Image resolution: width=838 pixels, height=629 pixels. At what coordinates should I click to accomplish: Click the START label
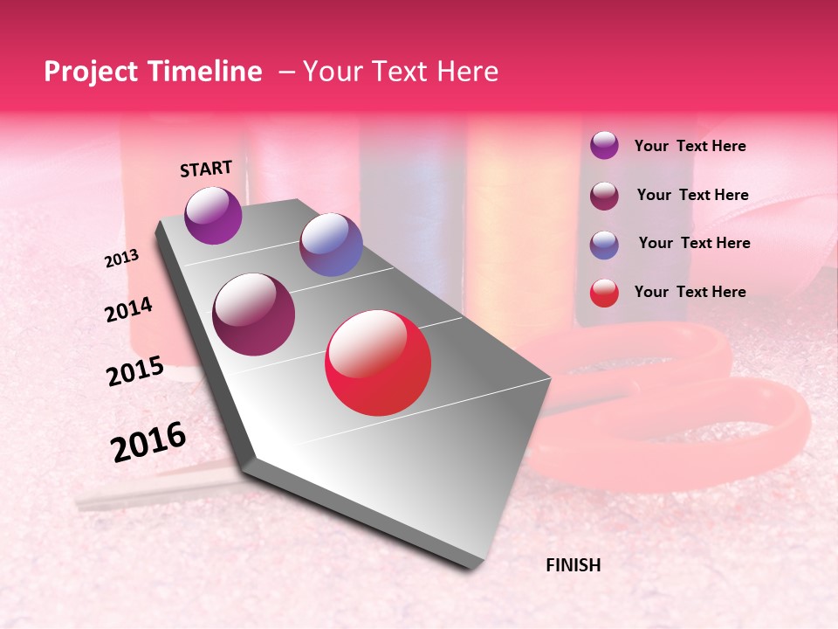[206, 169]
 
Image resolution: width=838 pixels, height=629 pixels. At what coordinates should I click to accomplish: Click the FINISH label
[573, 565]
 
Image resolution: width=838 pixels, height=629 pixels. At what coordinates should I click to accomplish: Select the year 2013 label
[122, 259]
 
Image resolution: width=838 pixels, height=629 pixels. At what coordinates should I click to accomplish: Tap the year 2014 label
[129, 310]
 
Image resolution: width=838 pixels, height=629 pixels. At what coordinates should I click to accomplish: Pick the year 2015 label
[135, 371]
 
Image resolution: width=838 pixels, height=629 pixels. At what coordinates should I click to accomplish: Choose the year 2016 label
[148, 441]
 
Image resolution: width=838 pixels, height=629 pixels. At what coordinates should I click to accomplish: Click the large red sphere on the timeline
[378, 363]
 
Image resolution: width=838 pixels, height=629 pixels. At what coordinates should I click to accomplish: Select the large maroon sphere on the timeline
[254, 314]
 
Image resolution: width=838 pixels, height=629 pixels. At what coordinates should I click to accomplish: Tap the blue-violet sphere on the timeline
[331, 245]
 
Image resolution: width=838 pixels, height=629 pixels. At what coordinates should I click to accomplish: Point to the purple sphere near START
[214, 215]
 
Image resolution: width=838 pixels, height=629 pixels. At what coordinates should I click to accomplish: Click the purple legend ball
[604, 146]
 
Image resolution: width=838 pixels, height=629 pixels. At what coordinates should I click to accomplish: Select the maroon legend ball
[604, 196]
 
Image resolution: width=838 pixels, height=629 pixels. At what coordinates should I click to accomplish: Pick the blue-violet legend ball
[604, 245]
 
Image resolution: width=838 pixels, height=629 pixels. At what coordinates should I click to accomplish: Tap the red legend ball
[604, 293]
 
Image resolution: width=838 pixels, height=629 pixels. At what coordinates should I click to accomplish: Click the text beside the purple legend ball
[690, 147]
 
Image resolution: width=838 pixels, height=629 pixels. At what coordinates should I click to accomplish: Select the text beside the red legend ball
[690, 292]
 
